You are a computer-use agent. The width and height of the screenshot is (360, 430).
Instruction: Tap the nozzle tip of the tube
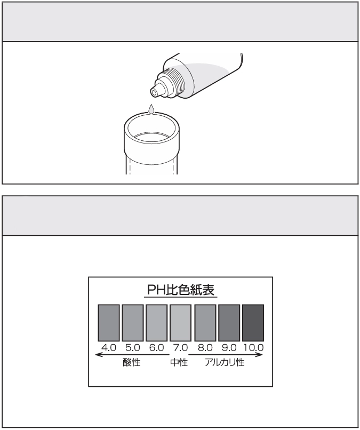point(155,92)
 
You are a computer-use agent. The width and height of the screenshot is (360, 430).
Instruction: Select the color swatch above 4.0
point(109,323)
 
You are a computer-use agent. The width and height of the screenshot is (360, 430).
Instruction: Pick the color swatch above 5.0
point(133,323)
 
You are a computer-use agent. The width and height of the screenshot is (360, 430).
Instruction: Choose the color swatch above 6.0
point(157,323)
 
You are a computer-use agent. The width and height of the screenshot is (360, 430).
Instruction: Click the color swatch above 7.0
point(180,323)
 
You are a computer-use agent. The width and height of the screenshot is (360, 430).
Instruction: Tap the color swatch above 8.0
point(205,323)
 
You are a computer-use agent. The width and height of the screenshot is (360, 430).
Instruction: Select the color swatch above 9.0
point(229,323)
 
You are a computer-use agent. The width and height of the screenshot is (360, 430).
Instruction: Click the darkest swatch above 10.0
point(253,323)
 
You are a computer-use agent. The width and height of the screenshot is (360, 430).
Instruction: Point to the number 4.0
point(109,348)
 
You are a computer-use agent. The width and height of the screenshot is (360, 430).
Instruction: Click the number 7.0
point(180,348)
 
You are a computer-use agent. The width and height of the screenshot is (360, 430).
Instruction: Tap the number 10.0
point(254,348)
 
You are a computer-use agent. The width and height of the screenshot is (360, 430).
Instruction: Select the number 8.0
point(205,348)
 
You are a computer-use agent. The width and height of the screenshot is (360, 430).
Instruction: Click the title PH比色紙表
point(181,290)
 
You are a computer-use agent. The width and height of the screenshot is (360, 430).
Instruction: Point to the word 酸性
point(132,363)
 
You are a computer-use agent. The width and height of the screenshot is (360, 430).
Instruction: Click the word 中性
point(179,363)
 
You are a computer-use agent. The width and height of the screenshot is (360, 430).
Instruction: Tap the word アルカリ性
point(225,363)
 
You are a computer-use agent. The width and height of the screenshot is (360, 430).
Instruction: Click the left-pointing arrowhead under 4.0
point(99,355)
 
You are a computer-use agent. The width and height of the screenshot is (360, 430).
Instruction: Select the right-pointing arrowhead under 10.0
point(259,355)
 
